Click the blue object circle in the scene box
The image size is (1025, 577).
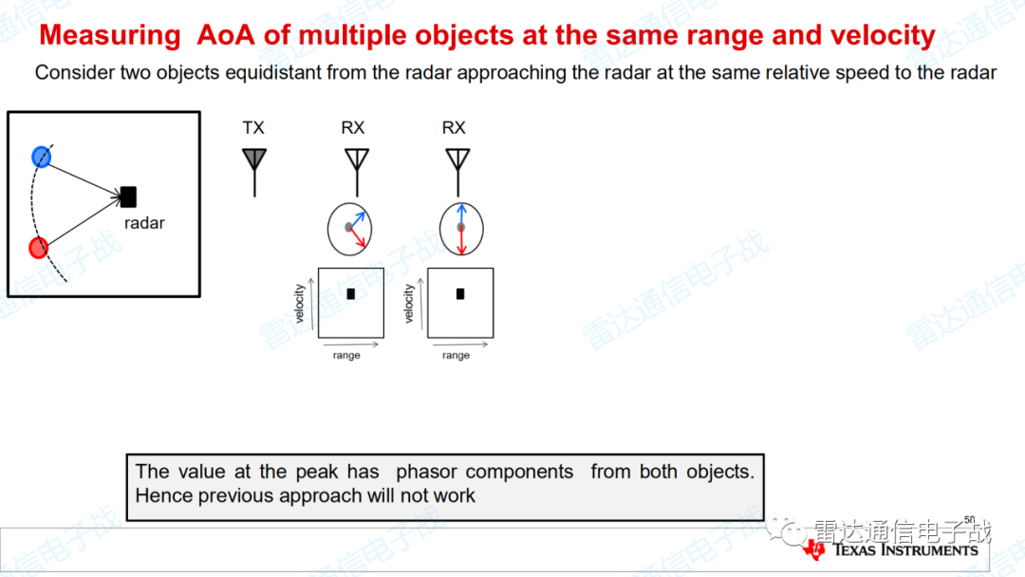click(41, 157)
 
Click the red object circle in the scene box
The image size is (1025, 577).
click(39, 248)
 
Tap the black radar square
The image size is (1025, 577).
click(129, 196)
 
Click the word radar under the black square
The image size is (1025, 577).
click(144, 223)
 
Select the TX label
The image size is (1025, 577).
click(253, 127)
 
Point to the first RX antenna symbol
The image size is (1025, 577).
click(357, 172)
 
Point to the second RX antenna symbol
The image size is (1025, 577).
click(457, 172)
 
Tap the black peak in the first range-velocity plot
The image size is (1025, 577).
click(351, 294)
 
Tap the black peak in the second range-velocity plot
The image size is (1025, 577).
click(460, 294)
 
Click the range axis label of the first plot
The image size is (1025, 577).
click(346, 356)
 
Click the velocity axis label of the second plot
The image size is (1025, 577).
click(409, 303)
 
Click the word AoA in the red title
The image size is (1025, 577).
click(226, 34)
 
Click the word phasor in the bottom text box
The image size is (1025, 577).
click(427, 472)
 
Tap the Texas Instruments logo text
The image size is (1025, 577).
click(905, 549)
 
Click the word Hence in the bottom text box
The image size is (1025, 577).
click(164, 496)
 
